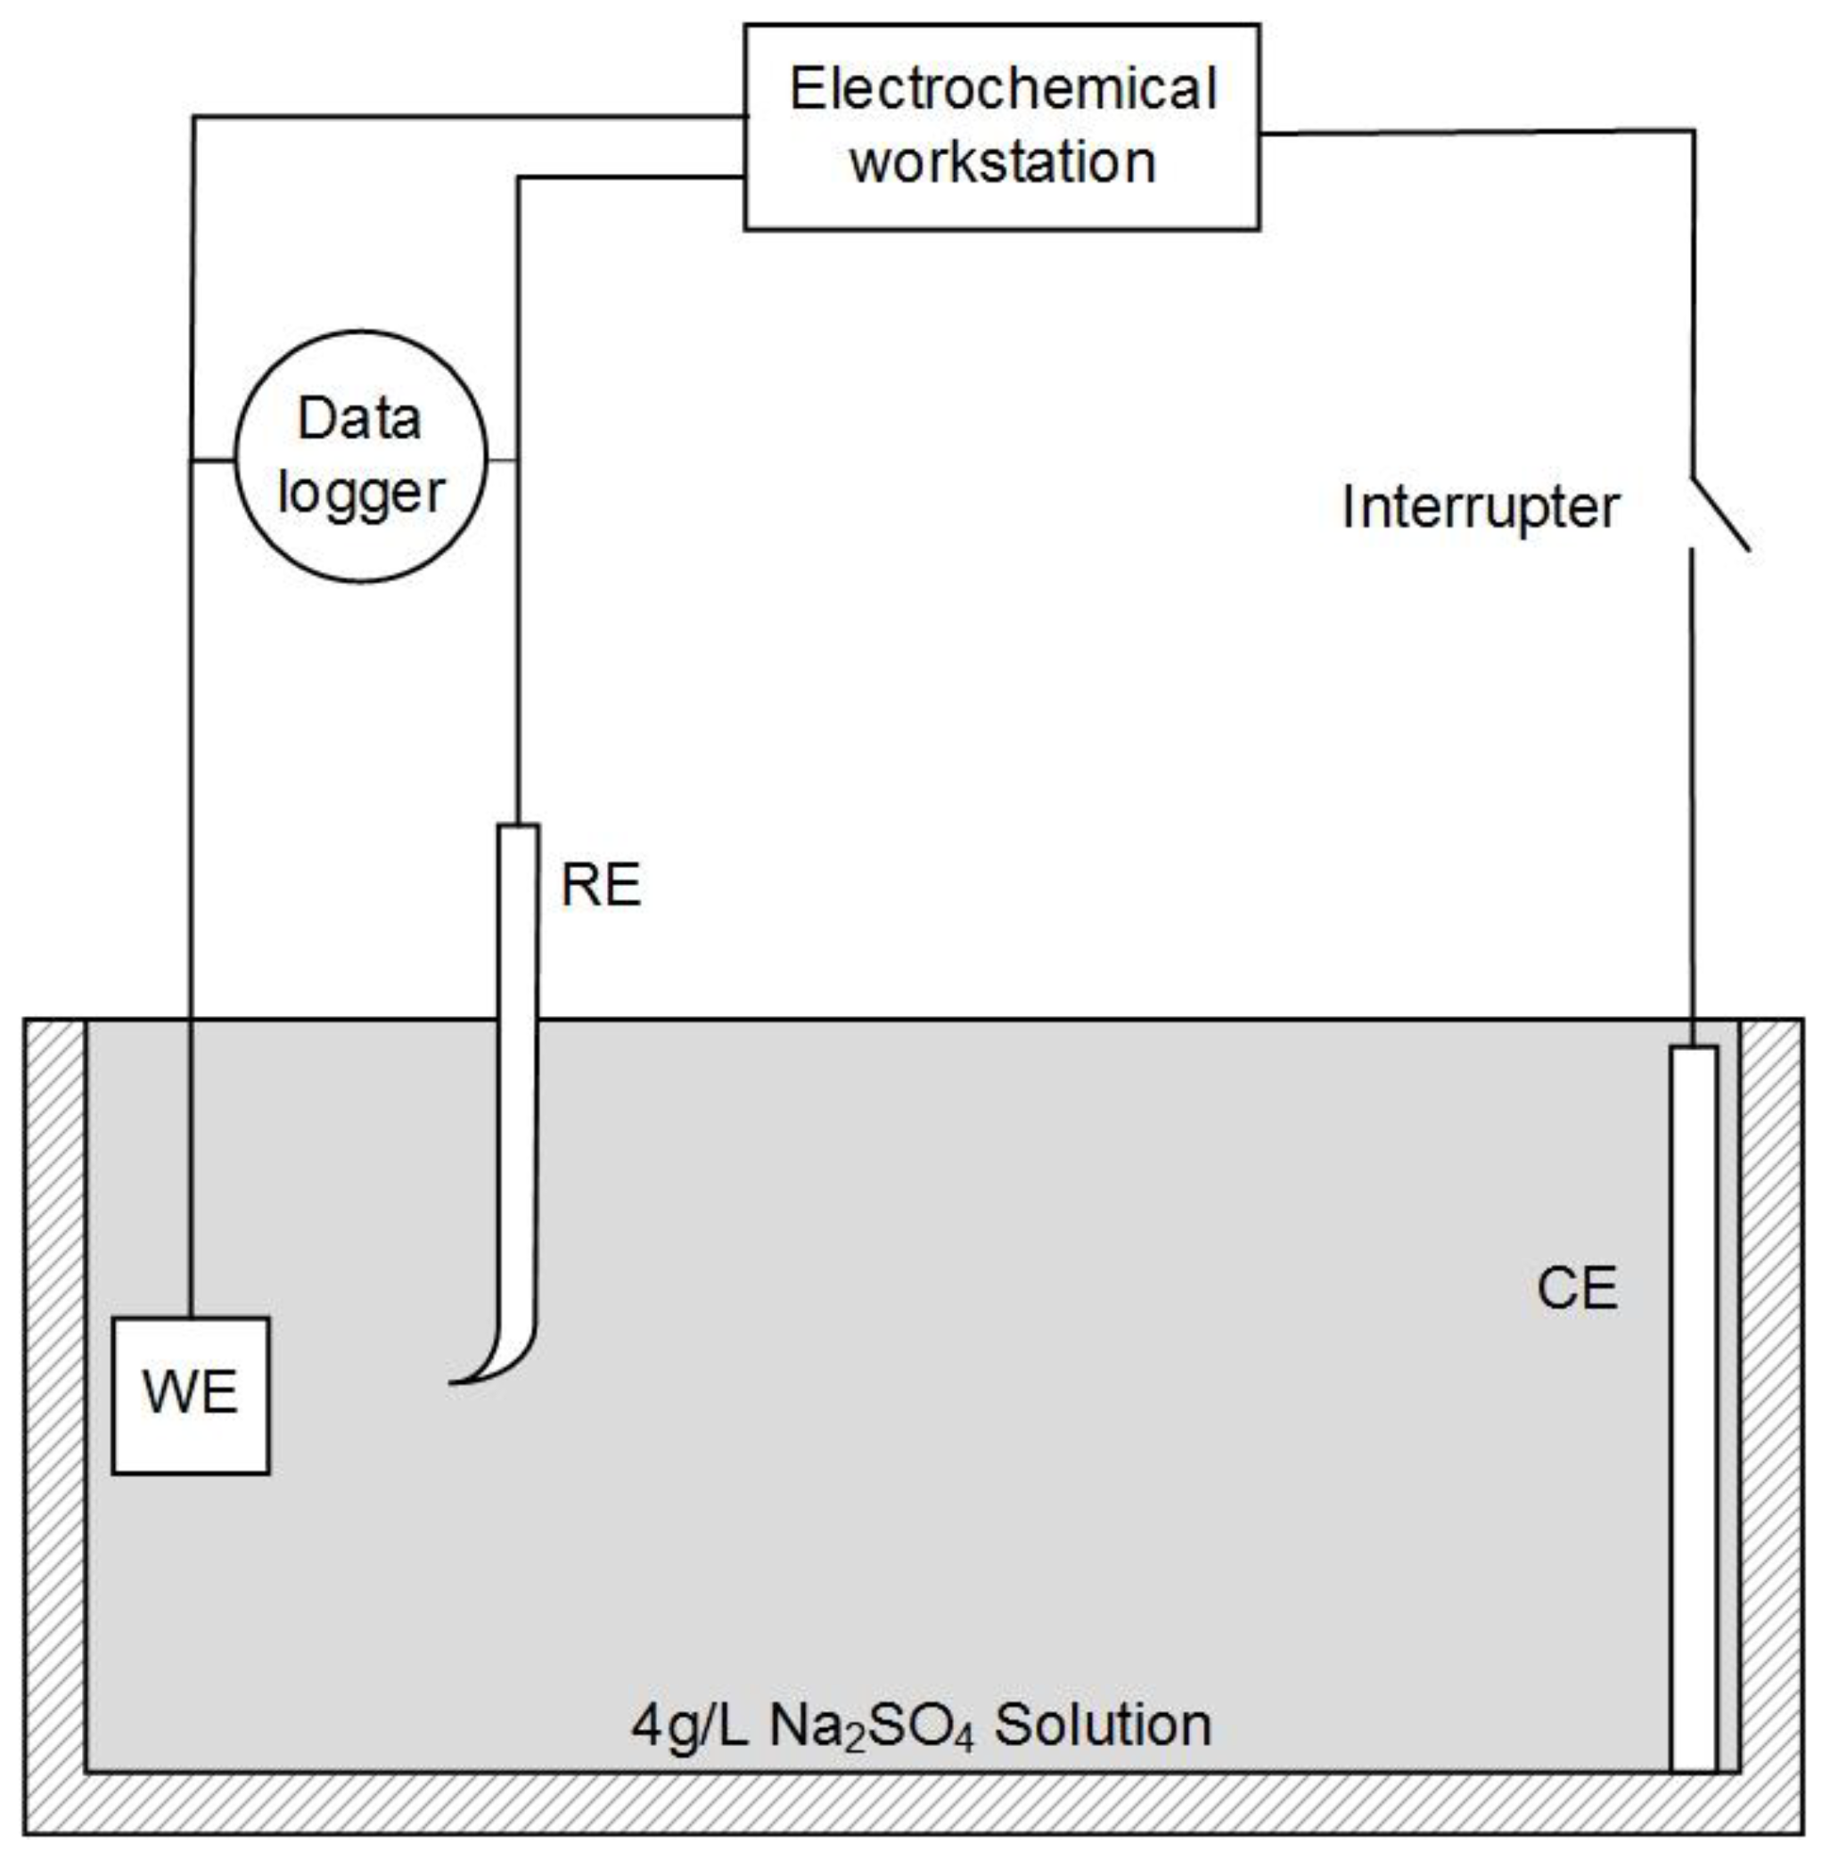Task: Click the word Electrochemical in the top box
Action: pos(1002,90)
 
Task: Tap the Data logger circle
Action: pos(361,456)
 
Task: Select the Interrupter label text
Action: pos(1480,507)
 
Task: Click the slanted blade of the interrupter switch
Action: pos(1720,513)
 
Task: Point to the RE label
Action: pos(600,885)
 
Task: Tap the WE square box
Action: pos(191,1394)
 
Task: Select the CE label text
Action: pos(1576,1288)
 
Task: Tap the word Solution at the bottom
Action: pos(1103,1726)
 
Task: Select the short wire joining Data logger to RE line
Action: pos(503,460)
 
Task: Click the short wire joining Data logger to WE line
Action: pos(213,460)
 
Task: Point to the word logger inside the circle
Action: pos(361,493)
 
